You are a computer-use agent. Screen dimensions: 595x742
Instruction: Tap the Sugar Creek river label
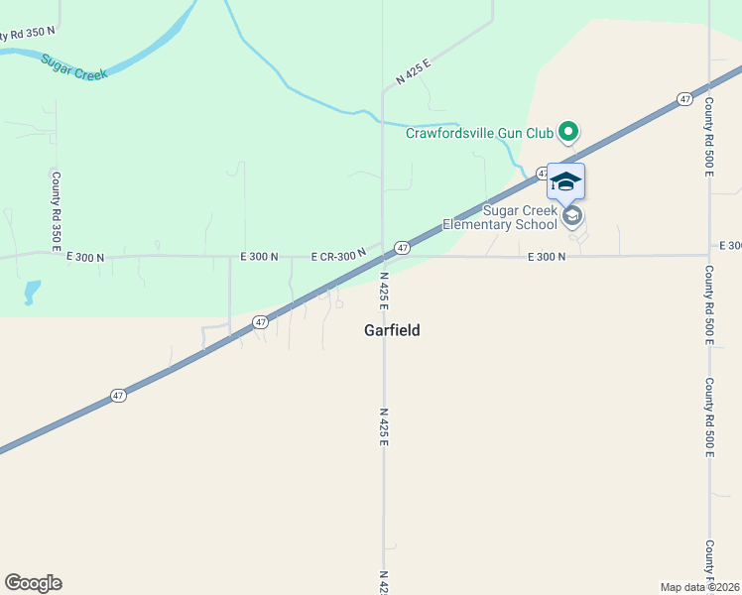click(x=73, y=66)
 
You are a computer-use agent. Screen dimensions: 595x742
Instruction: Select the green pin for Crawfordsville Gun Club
click(x=568, y=130)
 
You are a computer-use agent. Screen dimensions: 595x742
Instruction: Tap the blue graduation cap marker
click(x=565, y=181)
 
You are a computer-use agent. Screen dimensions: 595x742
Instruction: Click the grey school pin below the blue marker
click(x=571, y=215)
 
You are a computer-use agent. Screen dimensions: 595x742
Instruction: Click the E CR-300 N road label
click(x=338, y=256)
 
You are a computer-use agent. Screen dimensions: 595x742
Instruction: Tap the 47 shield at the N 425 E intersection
click(x=402, y=247)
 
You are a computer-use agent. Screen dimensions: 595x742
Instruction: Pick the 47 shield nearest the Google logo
click(x=118, y=396)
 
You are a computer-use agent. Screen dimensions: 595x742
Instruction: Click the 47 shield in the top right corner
click(x=684, y=99)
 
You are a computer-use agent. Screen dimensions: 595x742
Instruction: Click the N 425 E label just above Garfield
click(x=384, y=290)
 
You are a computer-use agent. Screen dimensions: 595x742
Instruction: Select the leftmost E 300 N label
click(x=85, y=257)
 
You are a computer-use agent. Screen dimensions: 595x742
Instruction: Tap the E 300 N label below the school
click(x=547, y=256)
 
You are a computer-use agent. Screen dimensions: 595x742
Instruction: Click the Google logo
click(x=33, y=583)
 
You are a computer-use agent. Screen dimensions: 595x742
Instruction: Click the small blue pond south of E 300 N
click(x=32, y=292)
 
